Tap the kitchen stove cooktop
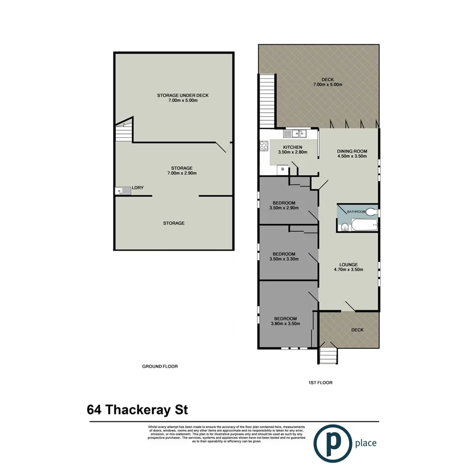click(264, 146)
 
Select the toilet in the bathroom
click(371, 212)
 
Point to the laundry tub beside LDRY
click(120, 190)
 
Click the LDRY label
click(137, 188)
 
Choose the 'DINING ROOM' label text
click(352, 151)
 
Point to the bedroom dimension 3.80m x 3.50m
click(285, 324)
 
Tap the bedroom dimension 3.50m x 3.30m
click(284, 259)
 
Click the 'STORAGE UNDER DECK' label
click(182, 95)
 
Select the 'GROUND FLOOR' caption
click(160, 366)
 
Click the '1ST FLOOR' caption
click(320, 382)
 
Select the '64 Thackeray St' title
click(138, 410)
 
